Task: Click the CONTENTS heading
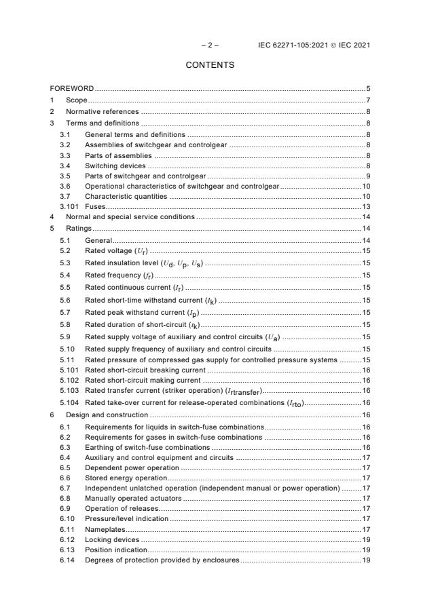[210, 65]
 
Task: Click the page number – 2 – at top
[210, 46]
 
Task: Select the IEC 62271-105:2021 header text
[314, 46]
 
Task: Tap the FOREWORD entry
[72, 89]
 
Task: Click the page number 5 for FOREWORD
[367, 89]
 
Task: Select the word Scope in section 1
[77, 100]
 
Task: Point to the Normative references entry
[102, 111]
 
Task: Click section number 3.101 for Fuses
[69, 206]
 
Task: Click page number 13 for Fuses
[365, 206]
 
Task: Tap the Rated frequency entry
[119, 275]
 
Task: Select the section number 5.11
[67, 359]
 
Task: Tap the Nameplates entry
[105, 530]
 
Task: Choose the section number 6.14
[67, 560]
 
